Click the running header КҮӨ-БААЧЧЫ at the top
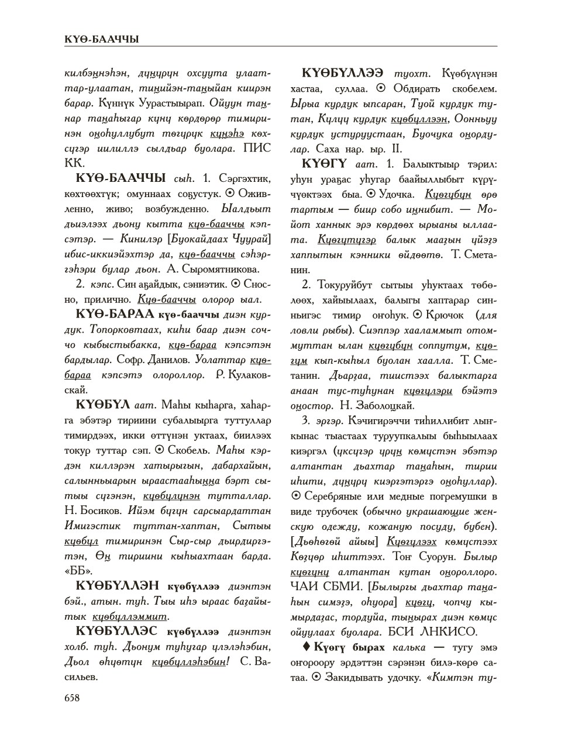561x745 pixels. pos(102,39)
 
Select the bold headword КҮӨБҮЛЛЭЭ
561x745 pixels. pos(342,74)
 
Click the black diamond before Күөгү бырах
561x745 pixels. pos(307,647)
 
